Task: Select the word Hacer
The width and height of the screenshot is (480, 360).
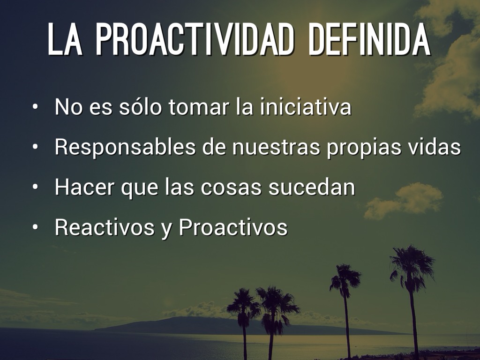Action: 84,187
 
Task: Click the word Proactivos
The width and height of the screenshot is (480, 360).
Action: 233,227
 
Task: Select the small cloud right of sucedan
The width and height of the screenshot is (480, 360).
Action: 404,200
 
